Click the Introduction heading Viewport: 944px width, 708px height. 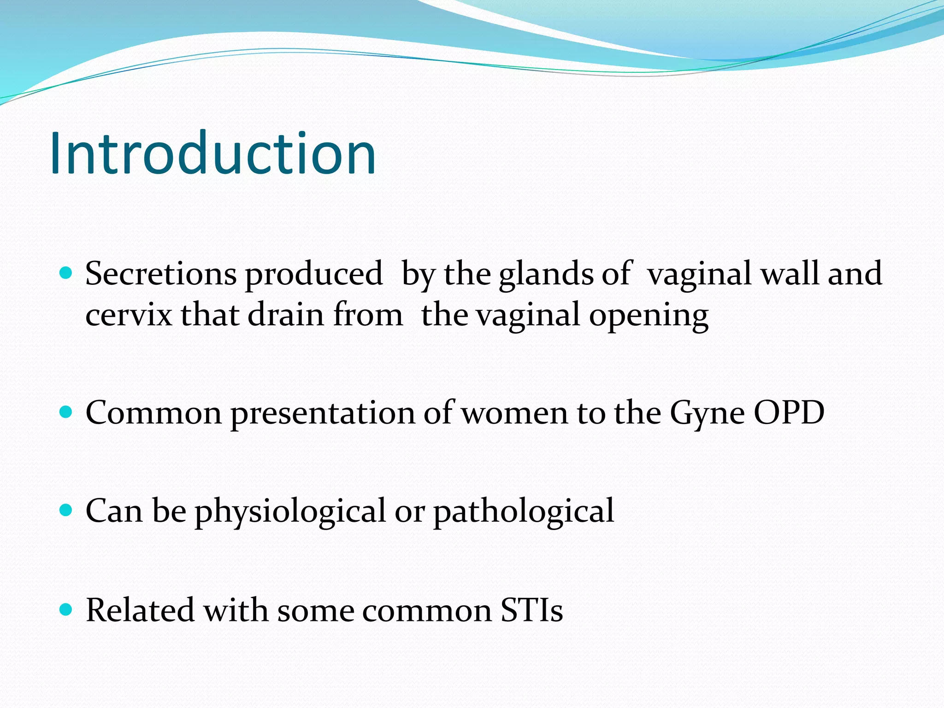coord(213,153)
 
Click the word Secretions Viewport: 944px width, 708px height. coord(161,274)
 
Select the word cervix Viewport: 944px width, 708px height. coord(129,315)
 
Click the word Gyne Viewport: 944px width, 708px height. coord(707,413)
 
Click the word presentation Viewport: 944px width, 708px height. coord(322,413)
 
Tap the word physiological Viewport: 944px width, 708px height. coord(290,512)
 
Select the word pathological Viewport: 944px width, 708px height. coord(523,512)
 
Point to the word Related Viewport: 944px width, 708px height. coord(140,610)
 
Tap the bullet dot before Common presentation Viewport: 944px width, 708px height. coord(66,412)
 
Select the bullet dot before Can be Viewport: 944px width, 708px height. coord(66,510)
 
